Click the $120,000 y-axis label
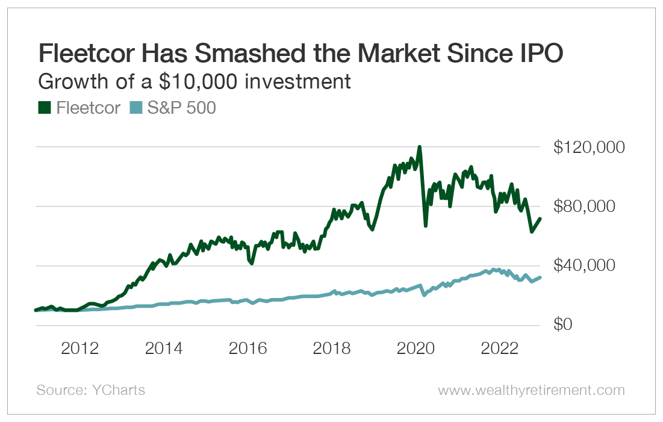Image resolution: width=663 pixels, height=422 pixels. click(581, 147)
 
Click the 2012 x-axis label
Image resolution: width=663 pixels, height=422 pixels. click(80, 350)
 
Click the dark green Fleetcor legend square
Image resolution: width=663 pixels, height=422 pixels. click(44, 108)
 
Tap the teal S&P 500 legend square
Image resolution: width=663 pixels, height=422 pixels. click(135, 108)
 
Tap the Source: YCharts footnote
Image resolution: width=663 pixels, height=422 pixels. click(90, 390)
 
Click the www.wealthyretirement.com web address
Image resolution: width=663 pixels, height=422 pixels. click(531, 390)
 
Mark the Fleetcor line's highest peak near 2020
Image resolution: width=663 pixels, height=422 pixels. click(419, 147)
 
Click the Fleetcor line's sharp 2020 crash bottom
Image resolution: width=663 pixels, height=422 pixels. click(426, 225)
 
